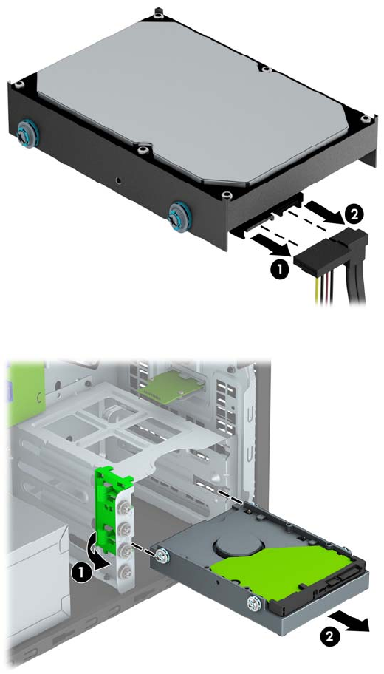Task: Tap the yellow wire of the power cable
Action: click(318, 290)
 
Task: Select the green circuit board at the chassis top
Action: click(171, 389)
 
